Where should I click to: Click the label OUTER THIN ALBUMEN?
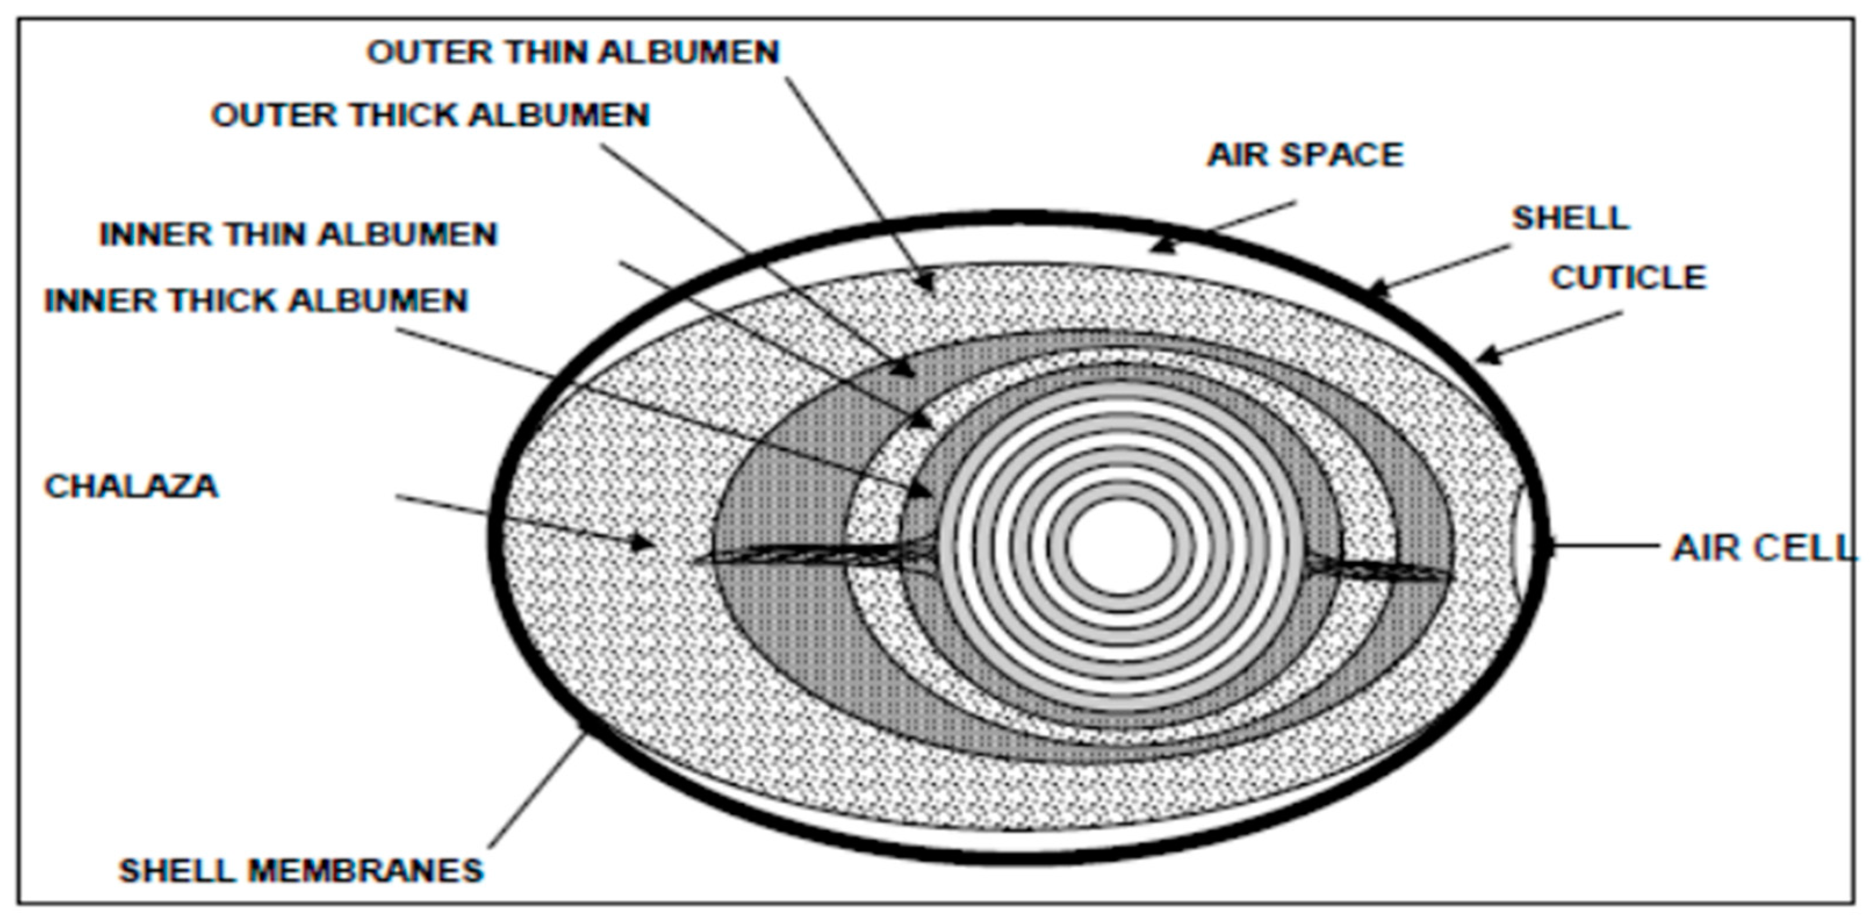click(573, 52)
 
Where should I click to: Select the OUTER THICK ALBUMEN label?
click(430, 115)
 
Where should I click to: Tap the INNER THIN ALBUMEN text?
click(298, 234)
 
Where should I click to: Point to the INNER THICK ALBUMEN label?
click(256, 301)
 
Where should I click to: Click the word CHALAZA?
click(131, 486)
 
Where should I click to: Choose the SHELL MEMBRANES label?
click(301, 870)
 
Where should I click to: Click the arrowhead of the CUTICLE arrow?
click(1484, 356)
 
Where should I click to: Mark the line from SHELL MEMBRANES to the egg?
click(537, 791)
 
